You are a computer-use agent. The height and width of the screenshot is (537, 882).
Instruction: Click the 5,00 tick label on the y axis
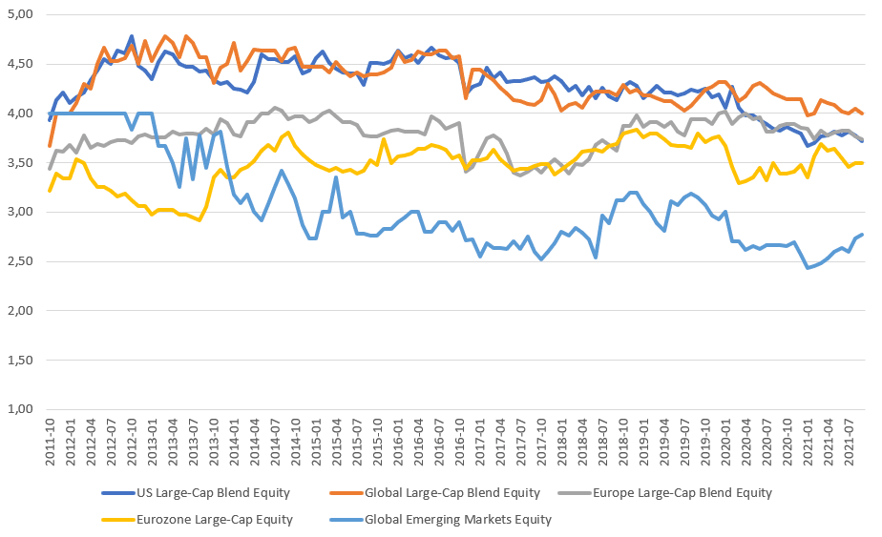[20, 15]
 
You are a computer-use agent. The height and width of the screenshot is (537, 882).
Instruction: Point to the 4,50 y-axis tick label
[20, 64]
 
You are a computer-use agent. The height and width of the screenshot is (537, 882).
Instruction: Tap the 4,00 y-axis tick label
[20, 114]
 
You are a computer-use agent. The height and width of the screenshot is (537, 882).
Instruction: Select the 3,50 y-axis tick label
[20, 163]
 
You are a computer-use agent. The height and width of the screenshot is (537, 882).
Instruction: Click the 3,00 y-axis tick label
[20, 212]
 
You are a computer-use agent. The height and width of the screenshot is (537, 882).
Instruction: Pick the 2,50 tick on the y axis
[20, 261]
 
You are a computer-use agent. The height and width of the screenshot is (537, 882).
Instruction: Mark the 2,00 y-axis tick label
[20, 311]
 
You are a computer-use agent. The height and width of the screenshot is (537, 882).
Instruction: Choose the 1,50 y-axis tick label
[20, 360]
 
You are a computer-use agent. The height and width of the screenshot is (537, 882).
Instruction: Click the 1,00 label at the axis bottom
[20, 409]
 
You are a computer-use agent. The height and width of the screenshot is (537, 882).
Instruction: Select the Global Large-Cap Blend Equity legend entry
[451, 493]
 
